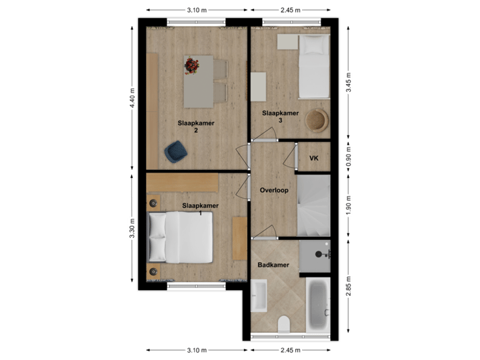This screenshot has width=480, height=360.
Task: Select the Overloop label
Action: pos(273,190)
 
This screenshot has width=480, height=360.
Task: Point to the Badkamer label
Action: pos(273,265)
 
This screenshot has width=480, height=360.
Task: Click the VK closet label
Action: pos(314,158)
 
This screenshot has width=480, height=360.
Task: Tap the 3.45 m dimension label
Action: pos(347,83)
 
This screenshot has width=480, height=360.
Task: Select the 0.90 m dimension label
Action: pos(347,158)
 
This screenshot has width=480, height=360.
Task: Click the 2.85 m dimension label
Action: pos(347,287)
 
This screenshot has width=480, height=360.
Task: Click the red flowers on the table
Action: pos(192,65)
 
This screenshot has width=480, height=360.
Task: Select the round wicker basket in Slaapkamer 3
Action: pos(317,121)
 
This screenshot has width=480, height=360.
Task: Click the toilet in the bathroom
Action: pos(283,323)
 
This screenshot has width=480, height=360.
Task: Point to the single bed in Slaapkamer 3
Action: pos(313,67)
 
